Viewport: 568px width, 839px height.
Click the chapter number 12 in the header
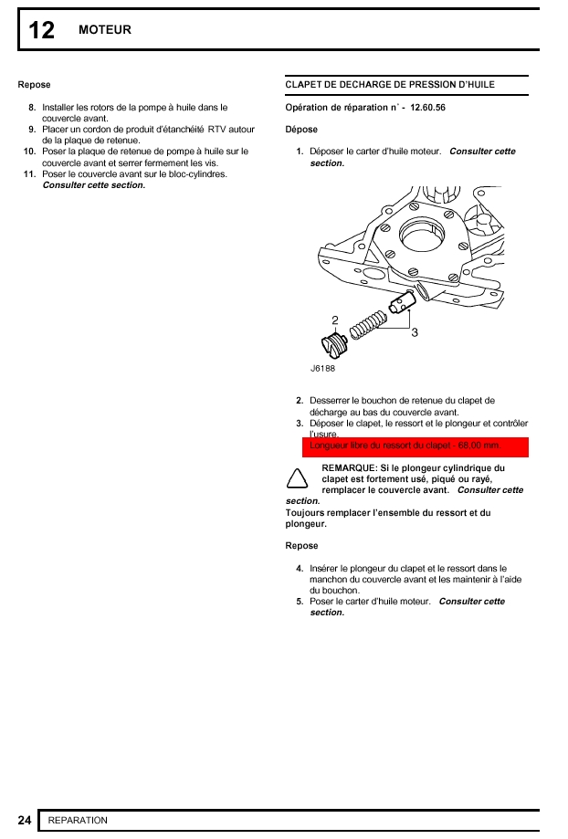pos(41,30)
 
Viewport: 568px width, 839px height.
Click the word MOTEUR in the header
pos(105,30)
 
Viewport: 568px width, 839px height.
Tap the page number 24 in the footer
pos(25,820)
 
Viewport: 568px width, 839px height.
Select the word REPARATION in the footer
pos(78,820)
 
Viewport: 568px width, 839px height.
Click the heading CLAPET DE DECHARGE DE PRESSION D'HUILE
pos(390,85)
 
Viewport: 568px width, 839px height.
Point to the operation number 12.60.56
pos(428,108)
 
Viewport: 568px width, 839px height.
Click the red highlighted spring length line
pos(415,446)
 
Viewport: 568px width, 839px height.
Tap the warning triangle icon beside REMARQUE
pos(295,477)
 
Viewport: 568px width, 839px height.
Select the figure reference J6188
pos(322,369)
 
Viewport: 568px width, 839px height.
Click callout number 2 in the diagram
pos(335,320)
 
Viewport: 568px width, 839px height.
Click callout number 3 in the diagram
pos(415,332)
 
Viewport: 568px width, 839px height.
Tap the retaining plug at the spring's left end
pos(334,345)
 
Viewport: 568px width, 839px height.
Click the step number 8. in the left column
pos(33,107)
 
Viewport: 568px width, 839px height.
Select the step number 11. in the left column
pos(30,173)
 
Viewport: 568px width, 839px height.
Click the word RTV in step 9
pos(216,130)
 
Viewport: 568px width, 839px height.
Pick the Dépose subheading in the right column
pos(301,130)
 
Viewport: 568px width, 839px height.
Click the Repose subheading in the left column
pos(34,85)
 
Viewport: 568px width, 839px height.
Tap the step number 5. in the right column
pos(300,602)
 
